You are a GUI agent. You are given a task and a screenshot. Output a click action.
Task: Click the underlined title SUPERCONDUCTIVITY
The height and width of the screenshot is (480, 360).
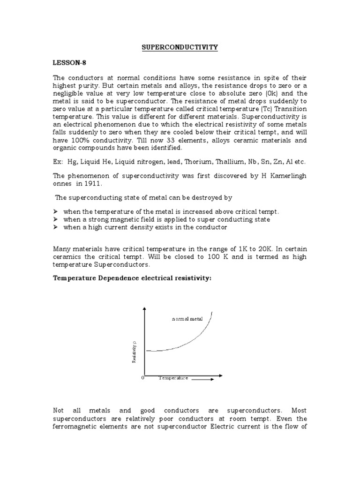[180, 47]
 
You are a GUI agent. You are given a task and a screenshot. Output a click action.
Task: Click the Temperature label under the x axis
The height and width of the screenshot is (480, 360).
[173, 378]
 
